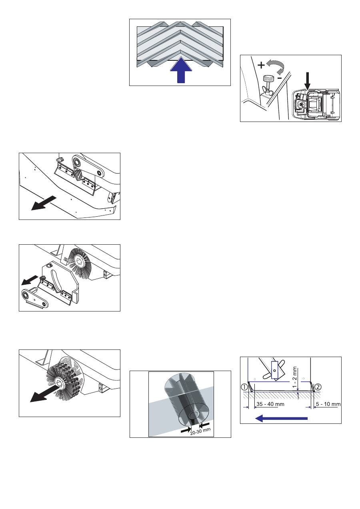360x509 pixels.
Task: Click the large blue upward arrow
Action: coord(181,70)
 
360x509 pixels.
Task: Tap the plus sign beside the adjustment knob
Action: coord(261,65)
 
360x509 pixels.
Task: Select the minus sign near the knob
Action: coord(280,78)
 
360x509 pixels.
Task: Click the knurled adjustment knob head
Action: coord(268,79)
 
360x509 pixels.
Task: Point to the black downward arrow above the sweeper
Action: coord(308,81)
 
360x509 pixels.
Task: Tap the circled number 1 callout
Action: coord(244,387)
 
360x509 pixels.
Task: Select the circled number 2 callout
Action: coord(318,387)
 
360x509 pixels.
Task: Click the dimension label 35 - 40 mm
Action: coord(270,404)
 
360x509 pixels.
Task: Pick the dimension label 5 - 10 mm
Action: coord(328,404)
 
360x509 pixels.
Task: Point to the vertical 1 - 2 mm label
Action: coord(294,377)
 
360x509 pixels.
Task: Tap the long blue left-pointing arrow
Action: coord(281,418)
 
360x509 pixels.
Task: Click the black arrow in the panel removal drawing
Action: coord(44,203)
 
